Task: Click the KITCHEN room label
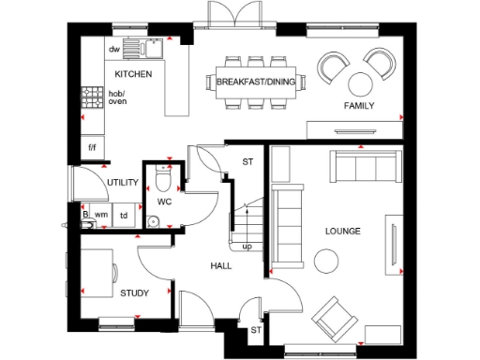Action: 134,73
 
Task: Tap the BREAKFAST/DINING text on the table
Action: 254,82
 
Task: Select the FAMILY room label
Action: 358,106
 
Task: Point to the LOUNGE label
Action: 343,231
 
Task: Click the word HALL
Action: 220,266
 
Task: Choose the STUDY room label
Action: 135,293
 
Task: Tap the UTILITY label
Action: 123,183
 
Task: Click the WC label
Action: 163,202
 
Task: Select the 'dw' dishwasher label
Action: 114,49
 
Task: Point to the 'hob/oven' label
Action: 117,97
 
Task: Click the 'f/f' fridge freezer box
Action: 93,147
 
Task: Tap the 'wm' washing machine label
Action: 101,215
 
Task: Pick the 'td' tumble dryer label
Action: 123,215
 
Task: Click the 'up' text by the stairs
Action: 247,247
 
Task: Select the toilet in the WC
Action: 163,177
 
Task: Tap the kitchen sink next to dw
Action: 145,48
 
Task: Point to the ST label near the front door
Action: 255,330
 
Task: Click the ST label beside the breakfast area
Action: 248,161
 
